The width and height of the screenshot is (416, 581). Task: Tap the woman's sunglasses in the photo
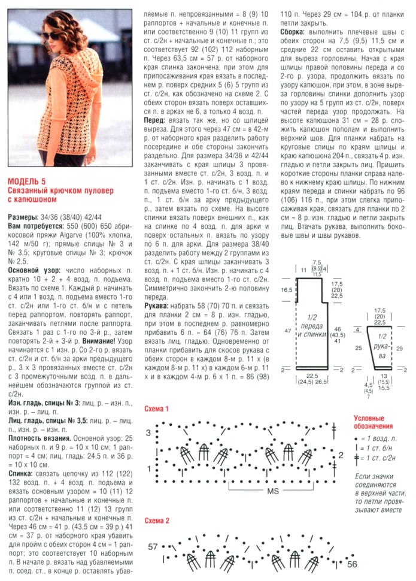pyautogui.click(x=51, y=35)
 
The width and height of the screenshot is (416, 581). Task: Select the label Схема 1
pyautogui.click(x=157, y=408)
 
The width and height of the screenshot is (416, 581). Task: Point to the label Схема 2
pyautogui.click(x=157, y=521)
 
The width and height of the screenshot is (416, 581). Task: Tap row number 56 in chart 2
pyautogui.click(x=353, y=564)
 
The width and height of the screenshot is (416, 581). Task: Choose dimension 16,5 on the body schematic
pyautogui.click(x=287, y=289)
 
